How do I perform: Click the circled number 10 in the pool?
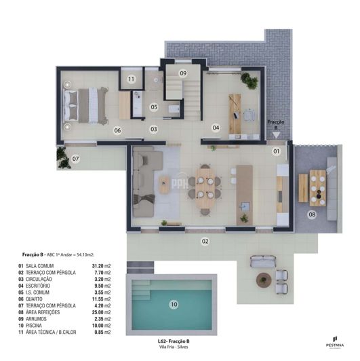click(x=174, y=305)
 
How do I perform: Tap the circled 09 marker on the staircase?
click(x=183, y=73)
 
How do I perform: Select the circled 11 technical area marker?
click(x=131, y=79)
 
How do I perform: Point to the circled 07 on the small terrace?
click(x=76, y=159)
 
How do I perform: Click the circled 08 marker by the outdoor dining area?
click(x=312, y=215)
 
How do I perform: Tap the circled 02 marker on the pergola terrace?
click(x=204, y=241)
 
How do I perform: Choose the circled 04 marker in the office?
click(x=216, y=127)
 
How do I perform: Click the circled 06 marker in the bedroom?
click(x=117, y=130)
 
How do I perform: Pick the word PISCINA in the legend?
click(x=37, y=326)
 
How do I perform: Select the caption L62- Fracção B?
click(x=174, y=341)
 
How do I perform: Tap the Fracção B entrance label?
click(x=275, y=125)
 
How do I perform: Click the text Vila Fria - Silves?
click(x=174, y=347)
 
